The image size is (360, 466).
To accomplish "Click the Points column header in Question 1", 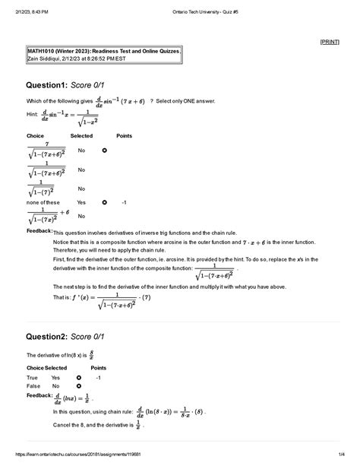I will point(124,135).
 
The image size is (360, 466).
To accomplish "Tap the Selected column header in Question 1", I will point(81,135).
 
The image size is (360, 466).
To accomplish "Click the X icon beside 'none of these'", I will point(104,203).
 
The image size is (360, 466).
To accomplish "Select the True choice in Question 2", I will point(32,377).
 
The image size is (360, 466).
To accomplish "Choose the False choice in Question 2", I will point(32,386).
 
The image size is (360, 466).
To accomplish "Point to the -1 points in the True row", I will point(99,377).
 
